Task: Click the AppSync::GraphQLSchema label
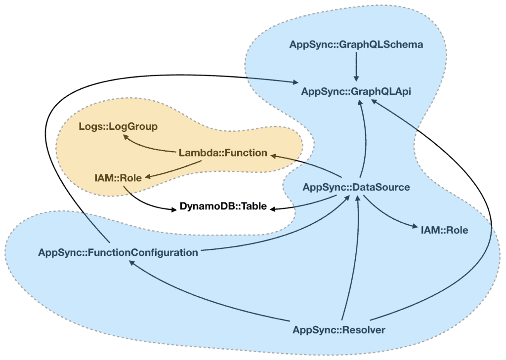point(356,45)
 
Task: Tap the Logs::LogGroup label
point(118,127)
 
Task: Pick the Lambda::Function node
point(222,153)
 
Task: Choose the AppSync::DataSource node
point(356,188)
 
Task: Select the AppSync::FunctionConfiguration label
point(118,252)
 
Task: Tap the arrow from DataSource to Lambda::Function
point(311,164)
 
